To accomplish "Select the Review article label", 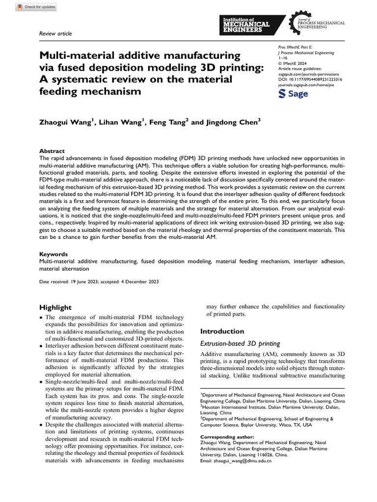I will pyautogui.click(x=55, y=33).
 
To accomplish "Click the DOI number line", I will pyautogui.click(x=310, y=79).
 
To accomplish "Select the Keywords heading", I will pyautogui.click(x=54, y=254).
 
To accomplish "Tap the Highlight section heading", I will pyautogui.click(x=55, y=307).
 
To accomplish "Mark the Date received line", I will pyautogui.click(x=99, y=282).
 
